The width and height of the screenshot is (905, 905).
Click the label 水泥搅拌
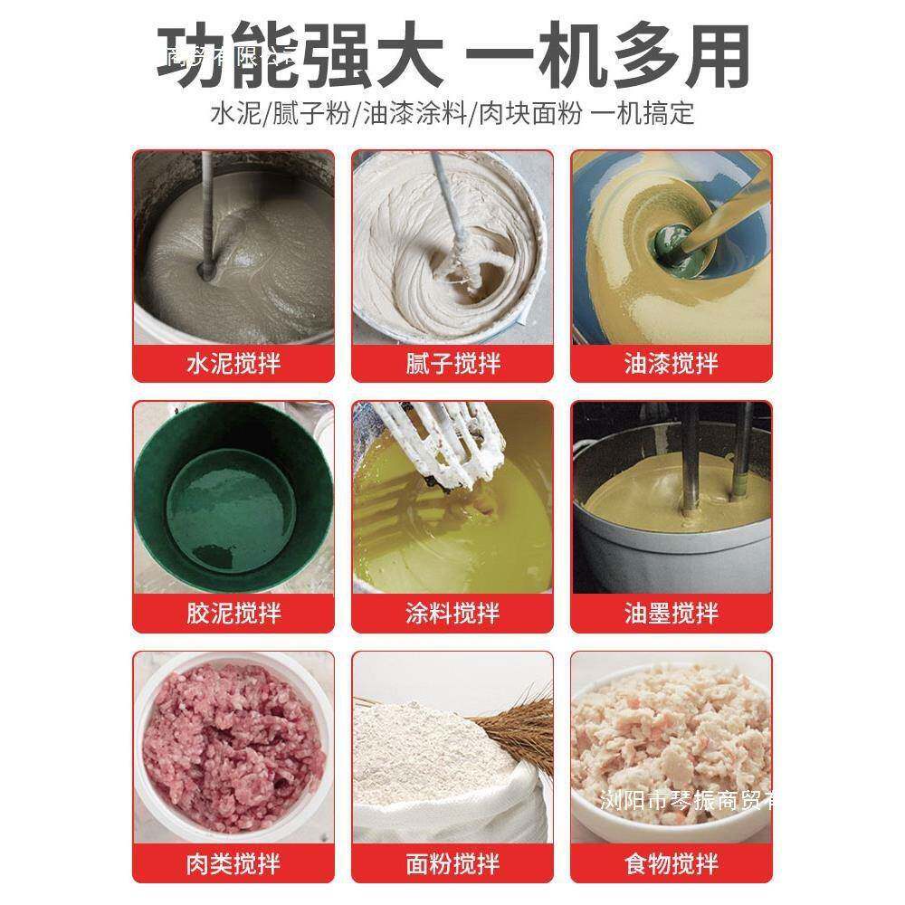(233, 364)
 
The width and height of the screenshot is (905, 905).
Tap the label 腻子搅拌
(452, 364)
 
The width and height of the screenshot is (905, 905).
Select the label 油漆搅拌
(672, 364)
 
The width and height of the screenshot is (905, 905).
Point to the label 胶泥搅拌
(233, 614)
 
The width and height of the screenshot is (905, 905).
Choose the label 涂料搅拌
(452, 614)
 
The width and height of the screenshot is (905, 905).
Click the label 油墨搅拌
(672, 614)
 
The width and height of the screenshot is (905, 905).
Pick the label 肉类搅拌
(233, 864)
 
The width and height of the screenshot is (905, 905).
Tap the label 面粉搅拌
(452, 864)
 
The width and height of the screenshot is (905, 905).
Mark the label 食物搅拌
(672, 864)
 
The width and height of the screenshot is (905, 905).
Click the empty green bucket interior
(231, 507)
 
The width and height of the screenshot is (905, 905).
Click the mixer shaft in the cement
(205, 217)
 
